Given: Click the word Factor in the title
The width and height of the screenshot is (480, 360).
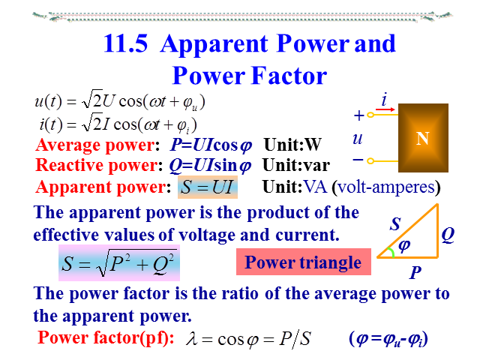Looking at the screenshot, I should tap(285, 76).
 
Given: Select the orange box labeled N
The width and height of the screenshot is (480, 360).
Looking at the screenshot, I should tap(422, 139).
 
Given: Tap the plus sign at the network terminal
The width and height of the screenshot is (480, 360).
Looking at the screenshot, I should tap(358, 116).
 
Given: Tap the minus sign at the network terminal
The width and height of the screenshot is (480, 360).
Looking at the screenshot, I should tap(358, 160).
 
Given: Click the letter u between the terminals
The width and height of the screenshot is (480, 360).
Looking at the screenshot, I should tap(358, 139).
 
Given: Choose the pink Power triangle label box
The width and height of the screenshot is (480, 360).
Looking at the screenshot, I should tap(303, 262).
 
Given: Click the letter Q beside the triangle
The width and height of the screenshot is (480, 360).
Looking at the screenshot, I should tap(448, 235).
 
